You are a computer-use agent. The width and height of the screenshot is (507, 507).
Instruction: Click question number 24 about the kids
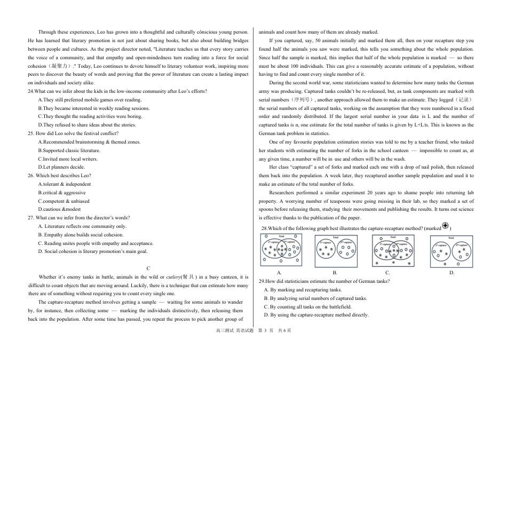[31, 91]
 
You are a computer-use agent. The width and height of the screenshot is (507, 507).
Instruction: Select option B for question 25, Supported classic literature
[69, 150]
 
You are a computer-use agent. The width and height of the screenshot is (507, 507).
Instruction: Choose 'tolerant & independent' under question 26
[65, 184]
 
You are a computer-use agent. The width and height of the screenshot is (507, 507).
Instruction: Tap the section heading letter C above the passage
[148, 268]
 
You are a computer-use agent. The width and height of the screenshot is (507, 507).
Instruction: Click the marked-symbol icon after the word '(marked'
[446, 226]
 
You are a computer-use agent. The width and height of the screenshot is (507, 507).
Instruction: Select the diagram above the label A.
[281, 250]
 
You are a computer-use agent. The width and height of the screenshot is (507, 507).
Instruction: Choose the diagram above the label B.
[336, 251]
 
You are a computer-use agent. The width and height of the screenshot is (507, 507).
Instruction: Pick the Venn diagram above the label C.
[392, 250]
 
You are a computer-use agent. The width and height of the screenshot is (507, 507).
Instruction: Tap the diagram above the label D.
[451, 251]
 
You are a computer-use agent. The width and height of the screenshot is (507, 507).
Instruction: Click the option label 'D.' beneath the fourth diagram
[451, 273]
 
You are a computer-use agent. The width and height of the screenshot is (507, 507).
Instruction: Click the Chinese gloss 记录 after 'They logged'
[464, 100]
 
